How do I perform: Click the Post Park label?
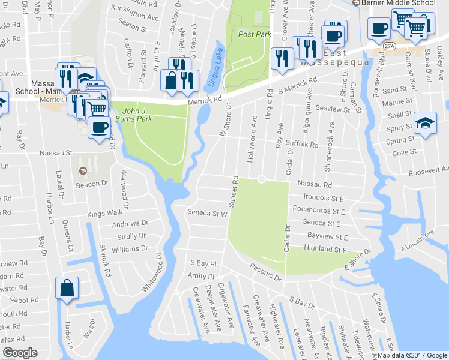coord(255,35)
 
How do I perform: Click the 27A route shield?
coord(391,46)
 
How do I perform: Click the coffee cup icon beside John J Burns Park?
coord(99,127)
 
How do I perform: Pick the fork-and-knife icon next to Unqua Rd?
coord(280,58)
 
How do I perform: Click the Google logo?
coord(20,353)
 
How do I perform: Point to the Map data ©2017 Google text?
coord(412,355)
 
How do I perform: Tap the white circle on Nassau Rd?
coord(262,179)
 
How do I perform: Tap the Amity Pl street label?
coord(202,275)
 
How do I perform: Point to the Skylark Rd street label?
coord(105,262)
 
